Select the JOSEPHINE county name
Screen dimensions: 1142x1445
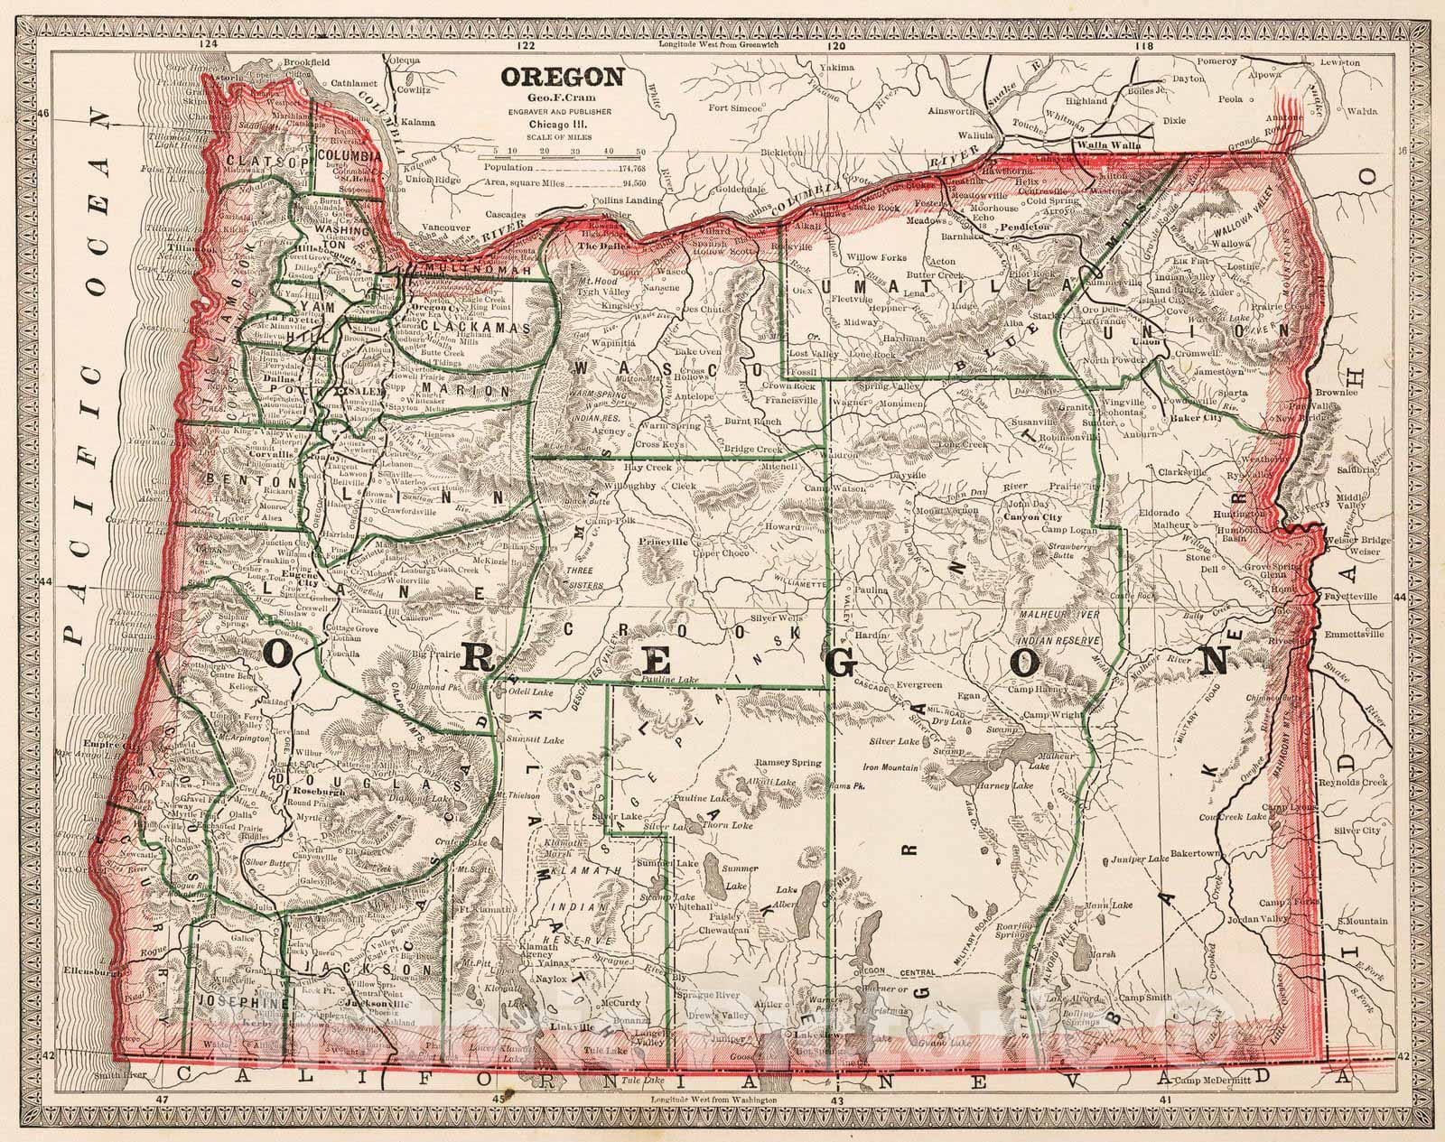[x=239, y=1003]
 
